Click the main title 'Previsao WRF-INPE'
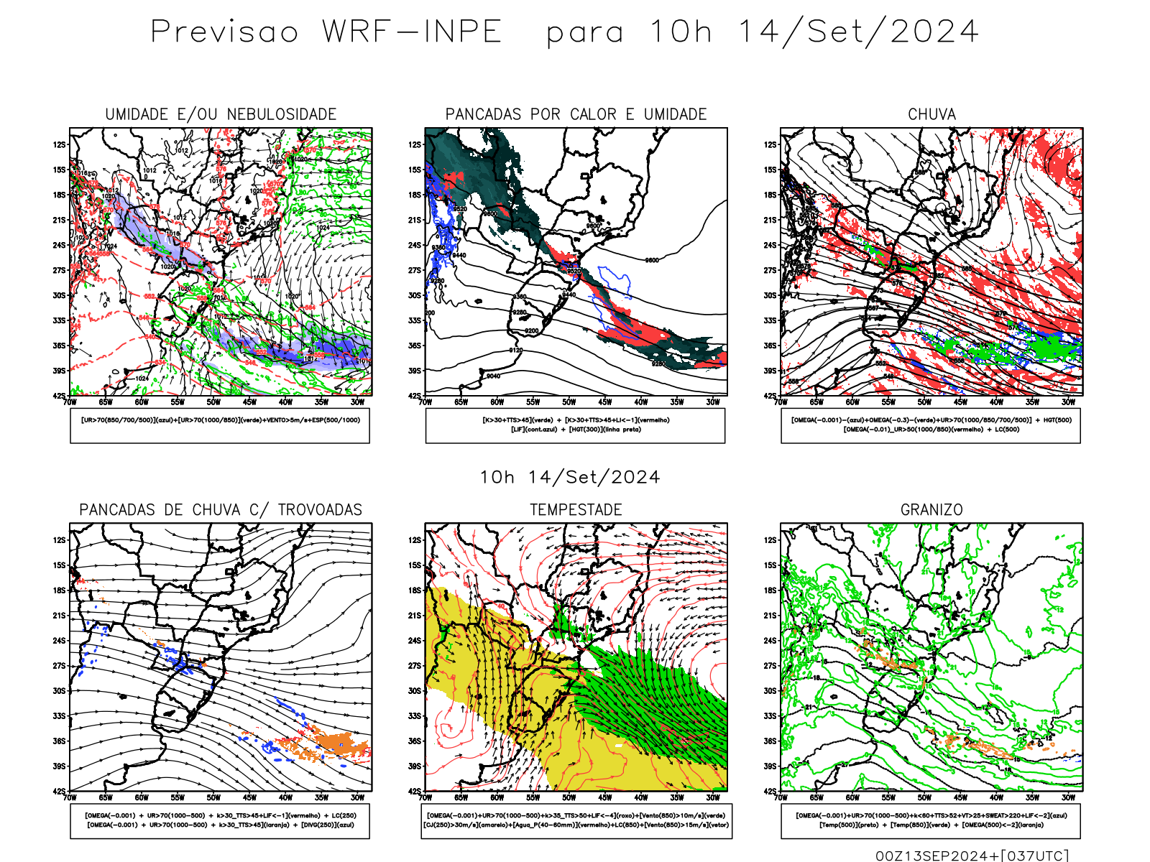[x=326, y=32]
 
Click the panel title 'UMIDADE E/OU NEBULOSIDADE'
[x=221, y=114]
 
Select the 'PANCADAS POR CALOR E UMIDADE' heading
[x=576, y=114]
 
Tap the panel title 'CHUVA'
[x=931, y=114]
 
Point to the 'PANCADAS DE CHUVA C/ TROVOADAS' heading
[x=221, y=510]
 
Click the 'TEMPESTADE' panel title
[x=576, y=510]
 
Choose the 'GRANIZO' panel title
[x=931, y=510]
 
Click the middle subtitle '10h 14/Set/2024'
[x=570, y=477]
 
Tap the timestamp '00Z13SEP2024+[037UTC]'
[x=972, y=855]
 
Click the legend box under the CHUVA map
[x=931, y=425]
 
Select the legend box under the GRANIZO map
[x=931, y=820]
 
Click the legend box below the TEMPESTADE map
[x=576, y=820]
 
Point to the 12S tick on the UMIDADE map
[x=59, y=144]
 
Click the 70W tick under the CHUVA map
[x=781, y=402]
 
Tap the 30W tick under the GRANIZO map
[x=1069, y=797]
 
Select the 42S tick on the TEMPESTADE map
[x=415, y=791]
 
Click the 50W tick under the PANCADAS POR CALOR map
[x=569, y=402]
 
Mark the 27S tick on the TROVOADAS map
[x=59, y=666]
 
